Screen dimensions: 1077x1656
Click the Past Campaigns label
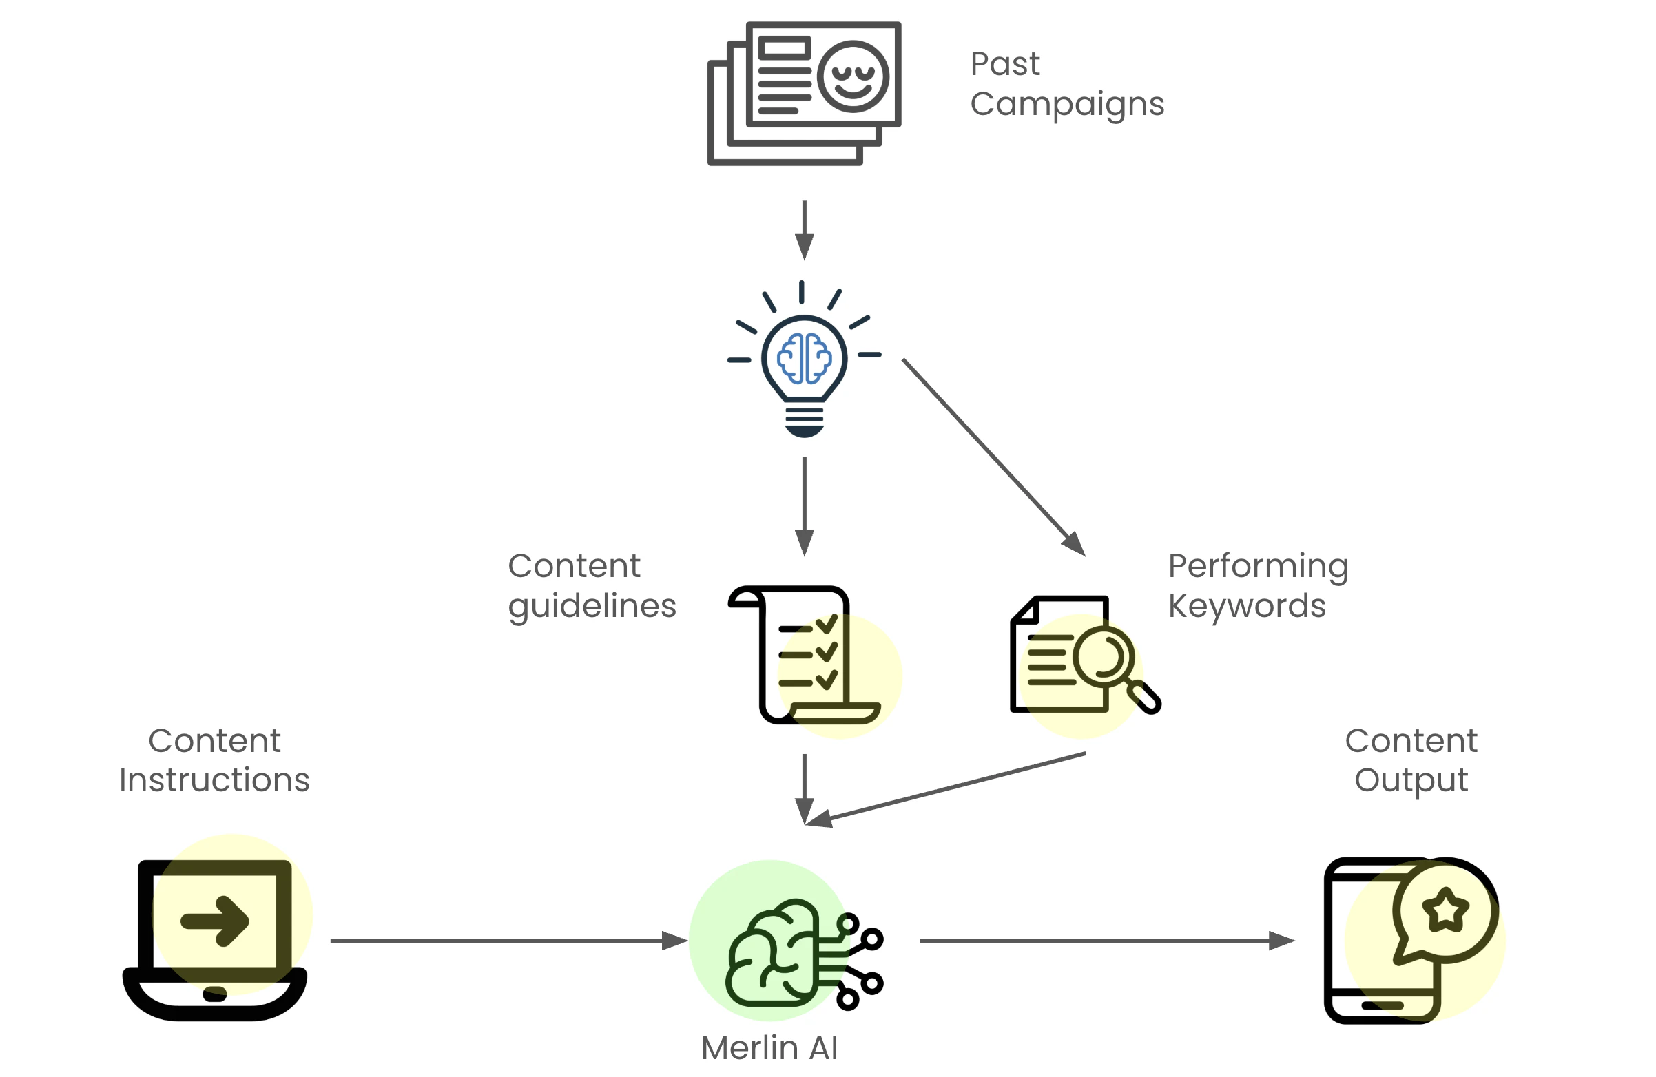[1066, 83]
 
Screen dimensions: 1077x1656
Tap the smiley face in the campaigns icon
[852, 76]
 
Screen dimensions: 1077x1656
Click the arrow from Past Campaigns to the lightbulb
[805, 229]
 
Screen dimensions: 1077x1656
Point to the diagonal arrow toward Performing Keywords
[993, 457]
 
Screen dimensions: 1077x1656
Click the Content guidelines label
[592, 586]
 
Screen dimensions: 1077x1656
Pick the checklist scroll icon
[804, 656]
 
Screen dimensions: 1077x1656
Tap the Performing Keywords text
[1258, 586]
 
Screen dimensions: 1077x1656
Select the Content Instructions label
[214, 760]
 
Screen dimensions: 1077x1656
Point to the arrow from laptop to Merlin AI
[508, 941]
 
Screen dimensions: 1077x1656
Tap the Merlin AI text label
[769, 1048]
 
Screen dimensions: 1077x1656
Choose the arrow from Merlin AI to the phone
[1106, 941]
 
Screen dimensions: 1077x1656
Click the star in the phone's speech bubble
[1445, 910]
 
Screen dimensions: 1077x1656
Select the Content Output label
[1411, 760]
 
